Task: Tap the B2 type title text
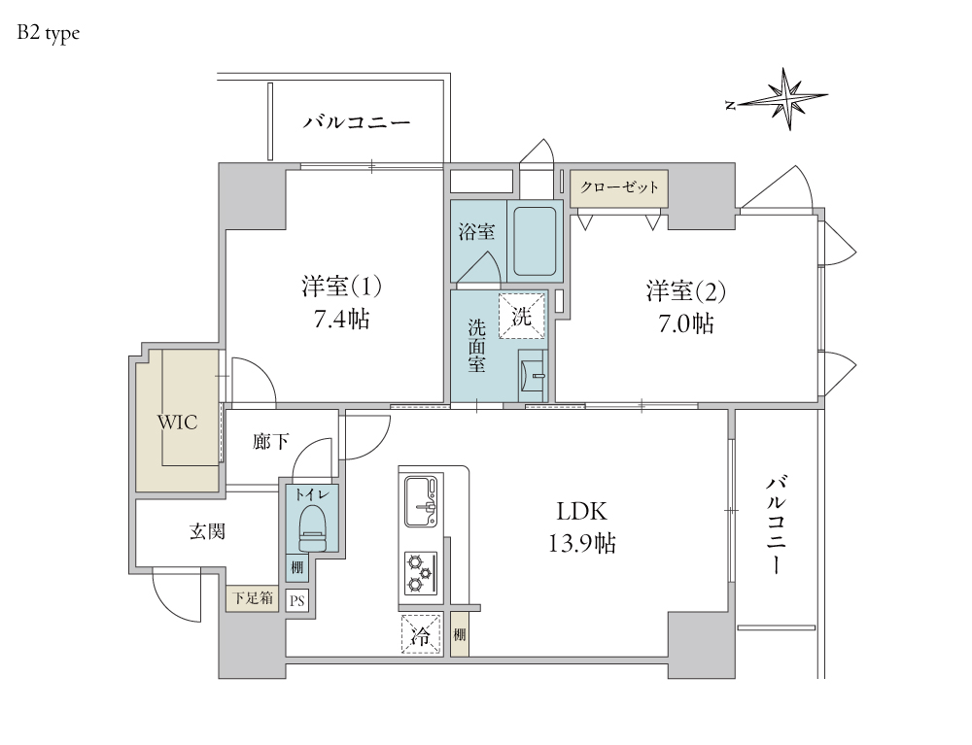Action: pyautogui.click(x=48, y=33)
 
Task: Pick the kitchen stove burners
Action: pyautogui.click(x=421, y=572)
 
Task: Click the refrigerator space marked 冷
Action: pyautogui.click(x=420, y=635)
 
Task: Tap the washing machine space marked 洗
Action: pyautogui.click(x=523, y=316)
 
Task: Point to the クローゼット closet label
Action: pyautogui.click(x=619, y=186)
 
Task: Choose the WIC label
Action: pyautogui.click(x=178, y=423)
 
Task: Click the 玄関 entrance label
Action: pyautogui.click(x=207, y=532)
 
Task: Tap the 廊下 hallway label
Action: pyautogui.click(x=270, y=443)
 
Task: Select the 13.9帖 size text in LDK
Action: pyautogui.click(x=582, y=544)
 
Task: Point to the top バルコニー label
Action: pyautogui.click(x=356, y=123)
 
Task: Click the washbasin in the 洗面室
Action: pyautogui.click(x=532, y=375)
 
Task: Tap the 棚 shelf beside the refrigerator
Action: pyautogui.click(x=459, y=635)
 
